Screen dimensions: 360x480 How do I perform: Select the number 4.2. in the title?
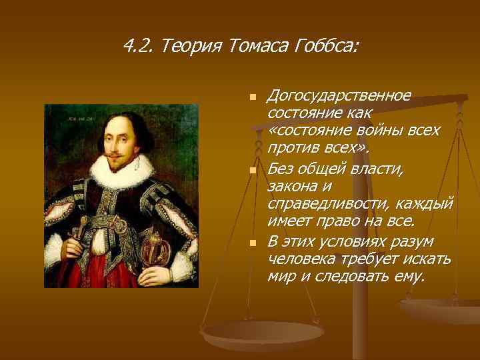(140, 47)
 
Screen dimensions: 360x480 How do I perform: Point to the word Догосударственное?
(339, 95)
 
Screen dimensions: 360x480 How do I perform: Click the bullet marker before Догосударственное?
(252, 97)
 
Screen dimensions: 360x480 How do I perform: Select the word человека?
(297, 258)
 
